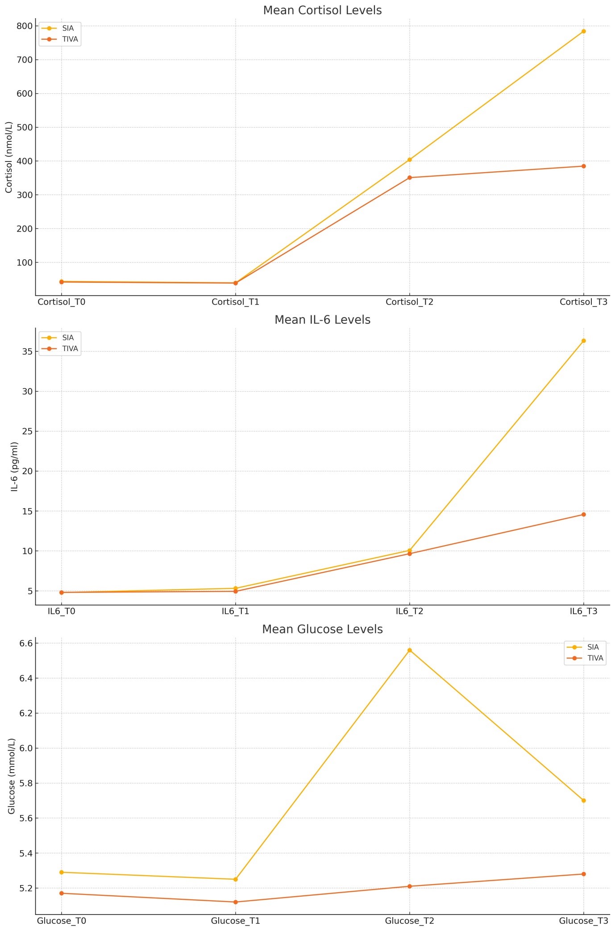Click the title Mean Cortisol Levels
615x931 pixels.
pyautogui.click(x=322, y=10)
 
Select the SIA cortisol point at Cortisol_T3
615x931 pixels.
pyautogui.click(x=583, y=31)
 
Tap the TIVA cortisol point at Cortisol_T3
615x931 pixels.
pyautogui.click(x=583, y=166)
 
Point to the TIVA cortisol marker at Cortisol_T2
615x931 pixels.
pyautogui.click(x=409, y=178)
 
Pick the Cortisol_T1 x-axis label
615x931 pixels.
pyautogui.click(x=235, y=302)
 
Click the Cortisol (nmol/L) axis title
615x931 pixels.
pyautogui.click(x=8, y=157)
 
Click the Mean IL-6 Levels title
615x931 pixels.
pyautogui.click(x=322, y=320)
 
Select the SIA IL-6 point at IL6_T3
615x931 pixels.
pyautogui.click(x=583, y=341)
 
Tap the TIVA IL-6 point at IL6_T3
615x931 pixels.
pyautogui.click(x=583, y=514)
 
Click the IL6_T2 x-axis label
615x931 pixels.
pyautogui.click(x=409, y=611)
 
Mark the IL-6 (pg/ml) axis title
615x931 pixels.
pyautogui.click(x=14, y=467)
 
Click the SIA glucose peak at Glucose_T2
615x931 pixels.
pyautogui.click(x=409, y=650)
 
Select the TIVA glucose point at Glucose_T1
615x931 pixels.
pyautogui.click(x=235, y=902)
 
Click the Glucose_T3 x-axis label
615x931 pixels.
pyautogui.click(x=583, y=921)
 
